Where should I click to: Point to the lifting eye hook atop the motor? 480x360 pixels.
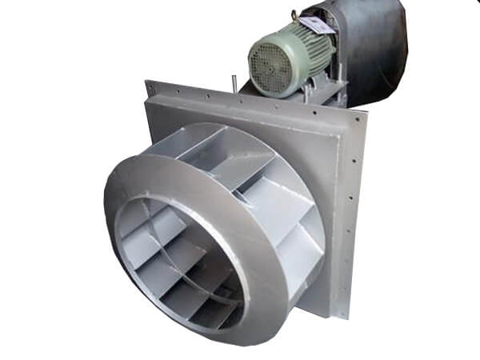pyautogui.click(x=296, y=14)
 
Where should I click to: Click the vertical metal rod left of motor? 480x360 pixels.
pyautogui.click(x=234, y=82)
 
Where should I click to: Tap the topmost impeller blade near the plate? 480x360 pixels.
pyautogui.click(x=204, y=148)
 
